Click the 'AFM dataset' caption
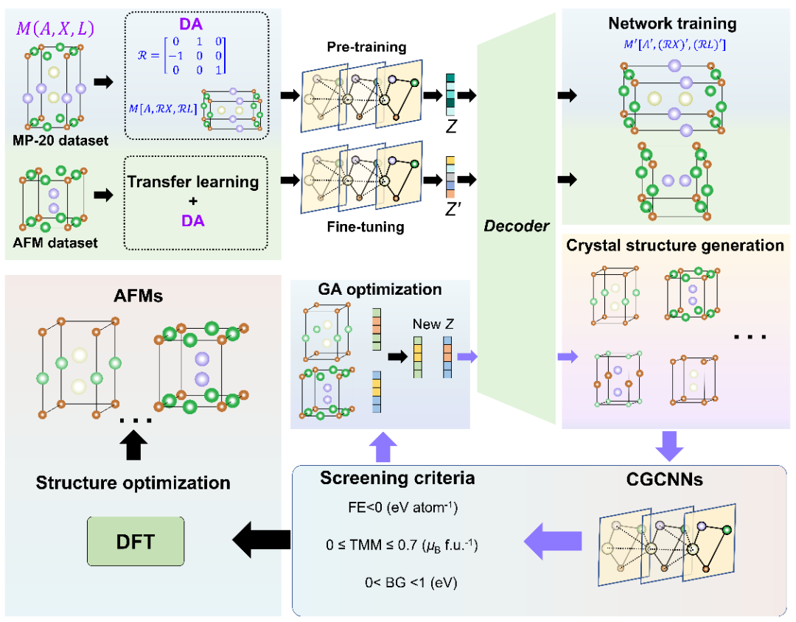pos(55,242)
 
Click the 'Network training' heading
pos(671,24)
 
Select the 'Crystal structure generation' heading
pos(674,245)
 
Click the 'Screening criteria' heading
pos(397,478)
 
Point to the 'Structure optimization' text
pos(133,483)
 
